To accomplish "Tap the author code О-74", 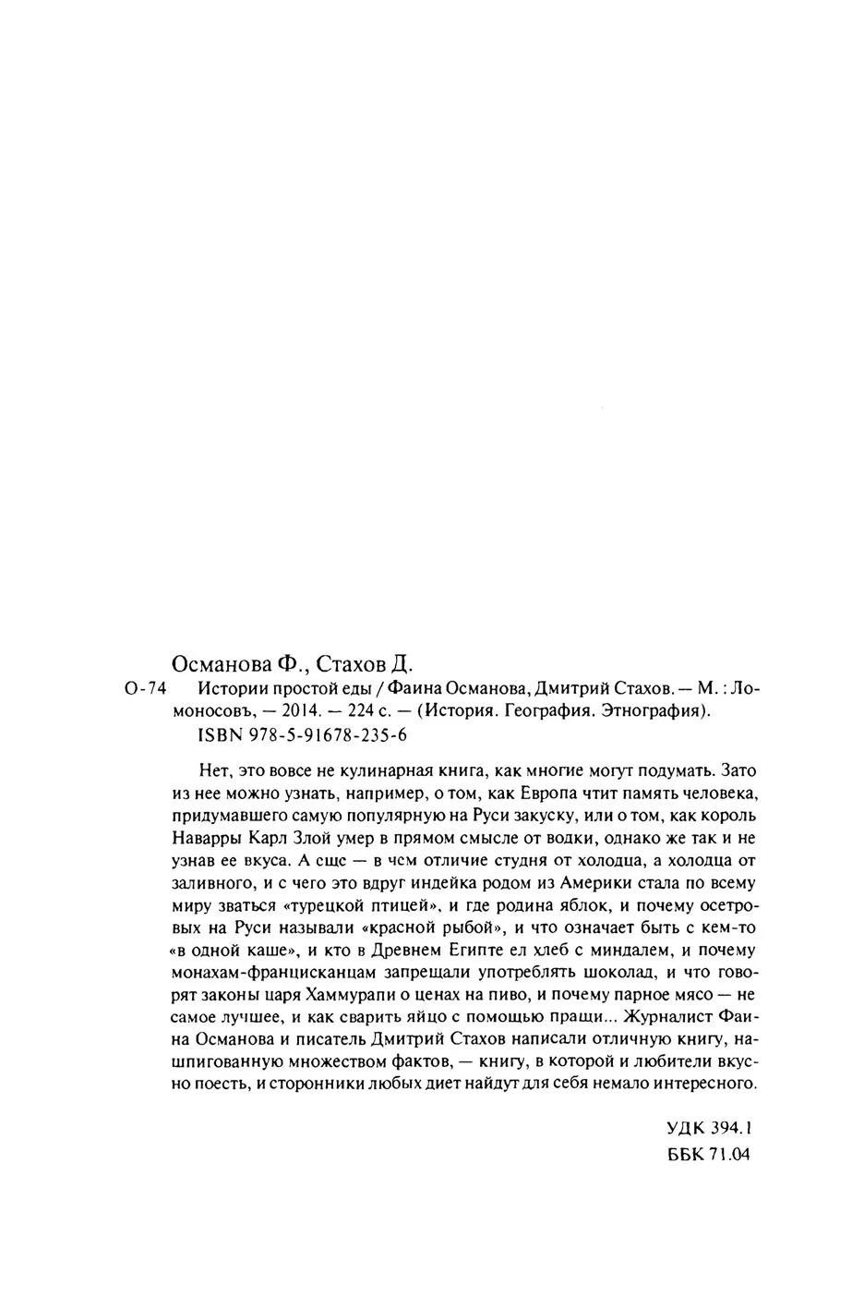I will coord(142,688).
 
